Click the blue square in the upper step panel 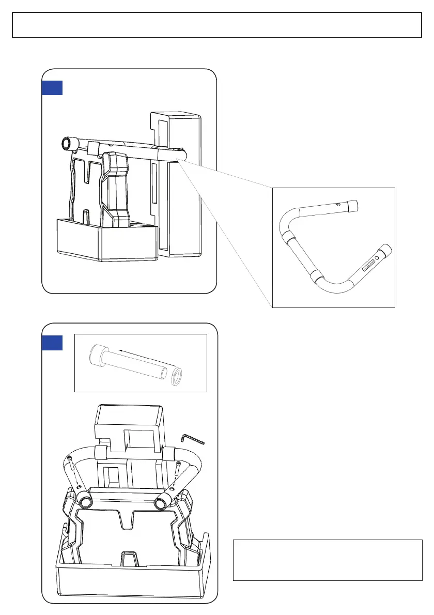pyautogui.click(x=52, y=88)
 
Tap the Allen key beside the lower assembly pyautogui.click(x=193, y=439)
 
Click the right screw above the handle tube pyautogui.click(x=178, y=468)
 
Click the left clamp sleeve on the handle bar pyautogui.click(x=102, y=453)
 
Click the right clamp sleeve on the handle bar pyautogui.click(x=168, y=453)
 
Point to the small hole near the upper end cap pyautogui.click(x=338, y=205)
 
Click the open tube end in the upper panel pyautogui.click(x=66, y=143)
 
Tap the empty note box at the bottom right pyautogui.click(x=328, y=560)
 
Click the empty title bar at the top pyautogui.click(x=217, y=25)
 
